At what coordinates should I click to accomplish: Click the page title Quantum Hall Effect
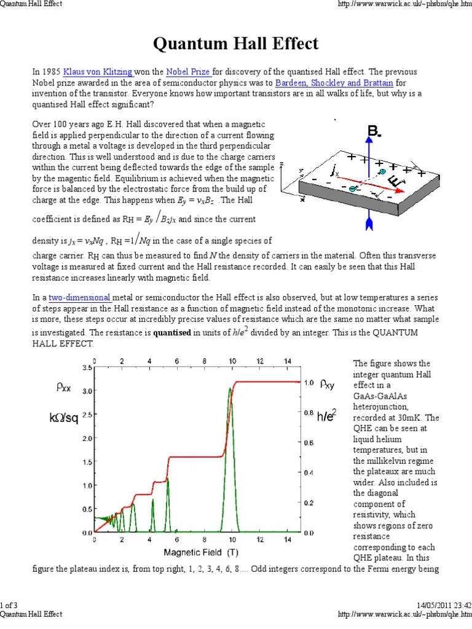(x=235, y=44)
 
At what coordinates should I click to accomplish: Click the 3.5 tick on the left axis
(x=87, y=367)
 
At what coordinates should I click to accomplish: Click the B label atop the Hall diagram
(x=373, y=131)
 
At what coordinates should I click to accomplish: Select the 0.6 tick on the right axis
(x=309, y=442)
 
